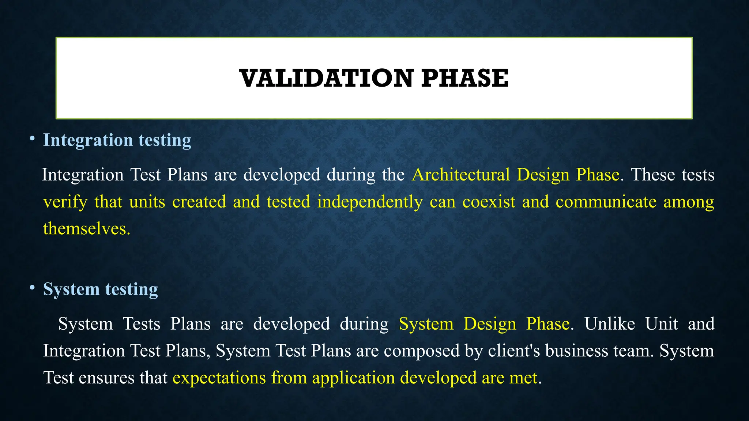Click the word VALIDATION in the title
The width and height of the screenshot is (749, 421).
(x=327, y=78)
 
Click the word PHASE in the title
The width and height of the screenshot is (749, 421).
(x=464, y=78)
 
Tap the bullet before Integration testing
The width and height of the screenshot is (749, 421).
(x=32, y=139)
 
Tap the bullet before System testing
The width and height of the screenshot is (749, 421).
(x=32, y=288)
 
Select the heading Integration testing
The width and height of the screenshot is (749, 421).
(x=117, y=140)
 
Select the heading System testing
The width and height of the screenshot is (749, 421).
(x=101, y=289)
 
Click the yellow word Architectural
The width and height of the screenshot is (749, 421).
(x=460, y=175)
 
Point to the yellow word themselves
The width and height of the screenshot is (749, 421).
(x=86, y=229)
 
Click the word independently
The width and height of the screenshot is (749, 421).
(x=370, y=202)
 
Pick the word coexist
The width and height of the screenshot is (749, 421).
(x=489, y=202)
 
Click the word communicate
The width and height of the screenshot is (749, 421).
(x=606, y=202)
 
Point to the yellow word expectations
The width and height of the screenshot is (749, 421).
(x=219, y=378)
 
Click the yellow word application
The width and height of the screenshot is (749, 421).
(x=353, y=378)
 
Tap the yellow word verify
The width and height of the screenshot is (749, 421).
(x=65, y=202)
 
